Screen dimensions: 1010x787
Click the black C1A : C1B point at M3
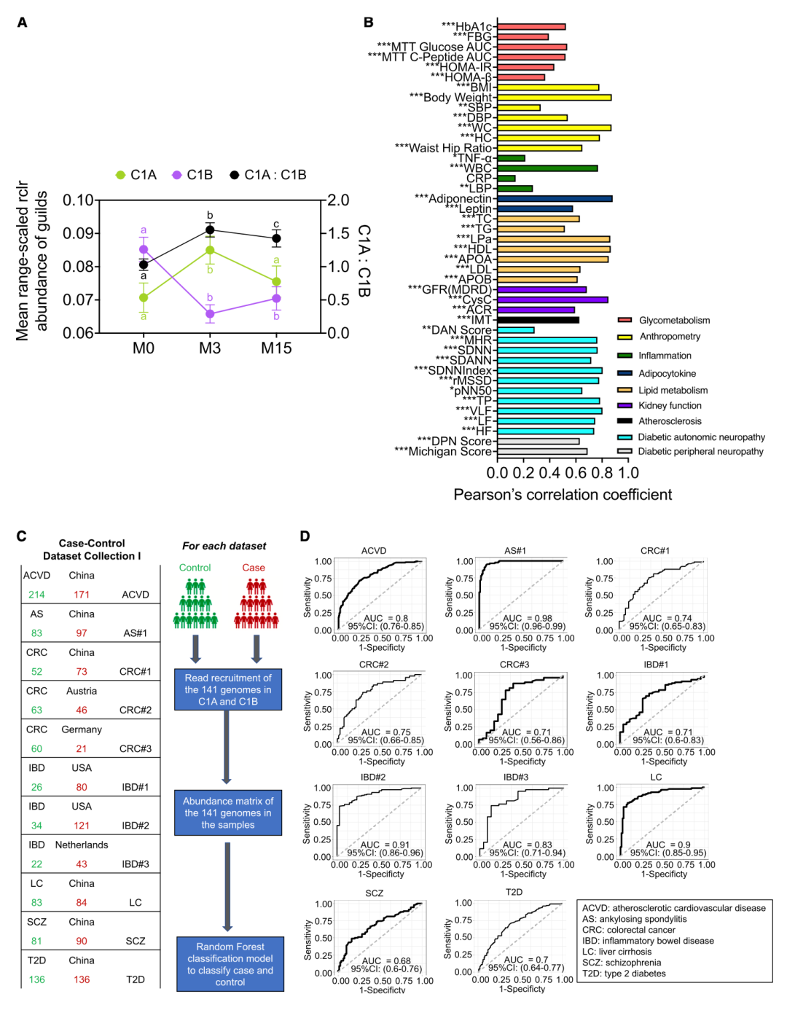pyautogui.click(x=210, y=230)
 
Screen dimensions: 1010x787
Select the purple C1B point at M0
pyautogui.click(x=144, y=249)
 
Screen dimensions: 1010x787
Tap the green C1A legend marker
pyautogui.click(x=121, y=175)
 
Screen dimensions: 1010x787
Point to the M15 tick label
pyautogui.click(x=276, y=348)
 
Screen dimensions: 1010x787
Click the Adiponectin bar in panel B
pyautogui.click(x=555, y=198)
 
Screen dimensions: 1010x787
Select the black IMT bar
pyautogui.click(x=538, y=320)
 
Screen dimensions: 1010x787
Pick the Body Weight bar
pyautogui.click(x=554, y=97)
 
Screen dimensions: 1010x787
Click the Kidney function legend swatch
pyautogui.click(x=624, y=406)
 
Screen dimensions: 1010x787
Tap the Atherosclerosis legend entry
pyautogui.click(x=670, y=421)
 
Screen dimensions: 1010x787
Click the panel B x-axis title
pyautogui.click(x=563, y=495)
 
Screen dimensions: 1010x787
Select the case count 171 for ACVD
pyautogui.click(x=82, y=595)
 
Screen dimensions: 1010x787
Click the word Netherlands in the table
pyautogui.click(x=82, y=845)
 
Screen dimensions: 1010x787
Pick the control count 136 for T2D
pyautogui.click(x=37, y=979)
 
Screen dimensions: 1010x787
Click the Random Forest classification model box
pyautogui.click(x=230, y=964)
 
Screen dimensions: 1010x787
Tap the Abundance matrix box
pyautogui.click(x=228, y=813)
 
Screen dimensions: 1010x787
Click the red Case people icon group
pyautogui.click(x=256, y=604)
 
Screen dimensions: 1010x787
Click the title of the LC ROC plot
pyautogui.click(x=656, y=778)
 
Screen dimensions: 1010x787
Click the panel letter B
pyautogui.click(x=369, y=23)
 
